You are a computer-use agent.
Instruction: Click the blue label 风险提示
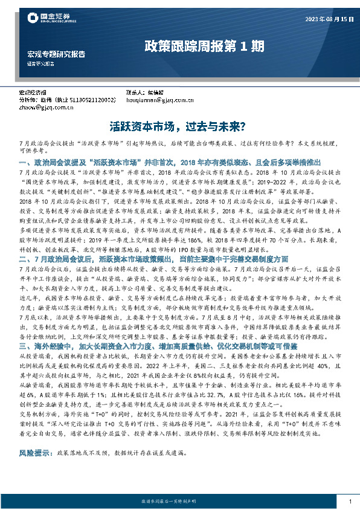tap(34, 452)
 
